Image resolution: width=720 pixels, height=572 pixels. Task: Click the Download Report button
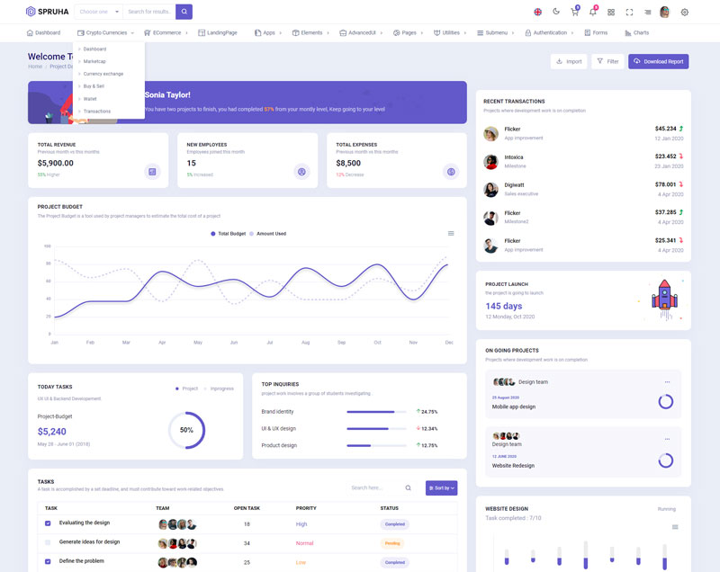coord(658,61)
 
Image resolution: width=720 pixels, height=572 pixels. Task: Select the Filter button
coord(607,61)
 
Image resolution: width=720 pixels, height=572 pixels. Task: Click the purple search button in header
coord(184,12)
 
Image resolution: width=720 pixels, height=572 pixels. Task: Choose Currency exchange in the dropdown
coord(103,74)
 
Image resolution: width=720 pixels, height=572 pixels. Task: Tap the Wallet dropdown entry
coord(90,99)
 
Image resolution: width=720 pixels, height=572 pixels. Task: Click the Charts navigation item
coord(635,32)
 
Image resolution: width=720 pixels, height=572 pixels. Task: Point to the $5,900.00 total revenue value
coord(56,163)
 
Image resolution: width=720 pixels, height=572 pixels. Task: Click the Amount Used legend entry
coord(267,234)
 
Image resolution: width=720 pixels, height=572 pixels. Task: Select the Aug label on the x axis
coord(305,343)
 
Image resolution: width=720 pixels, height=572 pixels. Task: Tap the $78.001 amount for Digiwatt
coord(665,184)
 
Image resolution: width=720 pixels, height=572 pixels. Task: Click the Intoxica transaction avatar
coord(490,162)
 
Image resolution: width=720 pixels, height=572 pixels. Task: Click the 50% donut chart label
coord(186,430)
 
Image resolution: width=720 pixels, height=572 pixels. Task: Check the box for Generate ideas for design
coord(48,542)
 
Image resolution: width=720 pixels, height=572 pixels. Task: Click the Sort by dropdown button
coord(441,488)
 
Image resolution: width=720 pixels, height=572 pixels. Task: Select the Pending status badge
coord(393,543)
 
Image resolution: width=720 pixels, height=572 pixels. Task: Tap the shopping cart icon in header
coord(574,13)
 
